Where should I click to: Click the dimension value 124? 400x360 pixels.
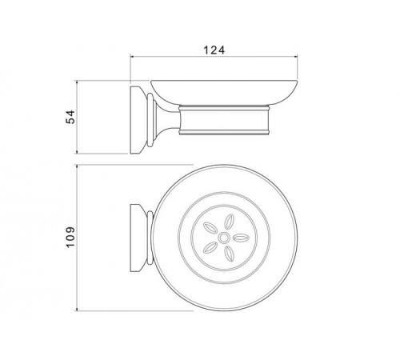214,50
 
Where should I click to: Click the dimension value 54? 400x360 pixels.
70,117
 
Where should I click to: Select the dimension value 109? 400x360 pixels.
70,237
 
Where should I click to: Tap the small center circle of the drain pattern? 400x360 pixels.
223,238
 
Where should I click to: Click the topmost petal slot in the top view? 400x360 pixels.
229,222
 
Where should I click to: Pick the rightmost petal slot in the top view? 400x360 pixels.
241,237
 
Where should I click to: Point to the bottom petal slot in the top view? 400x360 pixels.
229,254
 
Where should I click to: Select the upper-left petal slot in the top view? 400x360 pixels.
210,228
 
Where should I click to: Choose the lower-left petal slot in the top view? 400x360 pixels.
210,247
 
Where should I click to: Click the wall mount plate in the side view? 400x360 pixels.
137,120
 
